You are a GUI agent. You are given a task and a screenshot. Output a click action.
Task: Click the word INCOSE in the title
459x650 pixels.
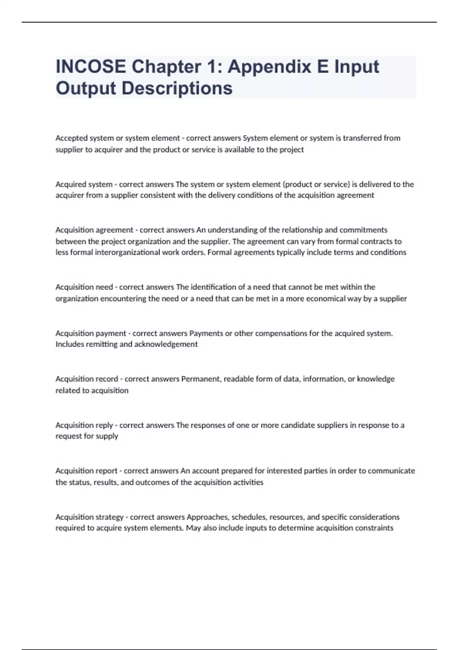click(91, 67)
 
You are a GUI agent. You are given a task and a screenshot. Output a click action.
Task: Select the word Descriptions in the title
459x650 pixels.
click(177, 88)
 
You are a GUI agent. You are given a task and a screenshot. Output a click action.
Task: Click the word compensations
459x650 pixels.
click(281, 333)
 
